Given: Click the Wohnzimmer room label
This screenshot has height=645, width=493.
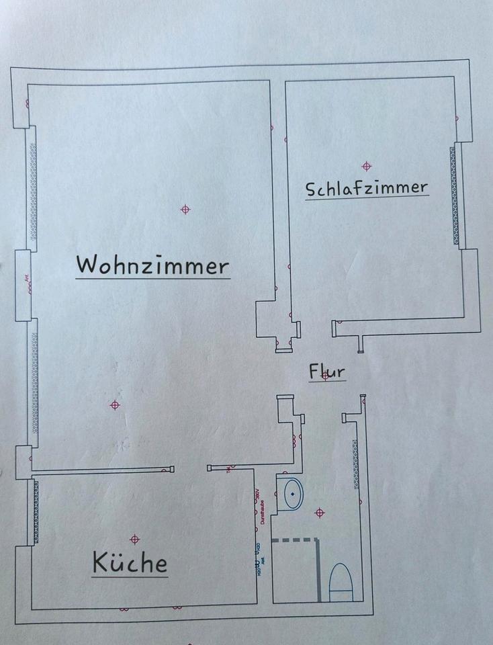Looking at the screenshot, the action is point(152,265).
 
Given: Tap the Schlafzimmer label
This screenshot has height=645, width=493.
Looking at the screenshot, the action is point(367,187).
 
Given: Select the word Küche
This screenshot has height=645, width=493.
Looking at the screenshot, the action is point(130,562).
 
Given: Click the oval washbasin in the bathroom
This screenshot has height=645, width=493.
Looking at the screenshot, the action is point(293,494).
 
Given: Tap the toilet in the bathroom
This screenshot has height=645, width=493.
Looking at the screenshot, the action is point(341,582).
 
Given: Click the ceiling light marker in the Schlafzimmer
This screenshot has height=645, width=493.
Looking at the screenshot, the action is point(366,166).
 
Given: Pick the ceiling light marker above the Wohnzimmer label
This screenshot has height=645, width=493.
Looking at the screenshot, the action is point(185,210).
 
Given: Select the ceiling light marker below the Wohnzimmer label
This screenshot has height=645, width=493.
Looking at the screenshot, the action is point(115,404).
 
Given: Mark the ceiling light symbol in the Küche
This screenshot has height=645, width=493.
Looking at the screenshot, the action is point(135,539).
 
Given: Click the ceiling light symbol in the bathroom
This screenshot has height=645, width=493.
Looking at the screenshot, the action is point(320,513).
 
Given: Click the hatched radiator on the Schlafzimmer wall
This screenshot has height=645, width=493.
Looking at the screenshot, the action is point(455,195).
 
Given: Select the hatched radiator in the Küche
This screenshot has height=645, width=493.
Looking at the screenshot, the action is point(36,512).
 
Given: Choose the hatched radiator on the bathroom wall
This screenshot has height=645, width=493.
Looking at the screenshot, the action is point(355,464).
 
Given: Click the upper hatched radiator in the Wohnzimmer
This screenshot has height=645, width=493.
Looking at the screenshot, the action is point(33,188).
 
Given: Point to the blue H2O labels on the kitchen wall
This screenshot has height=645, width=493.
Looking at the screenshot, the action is point(256,561).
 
